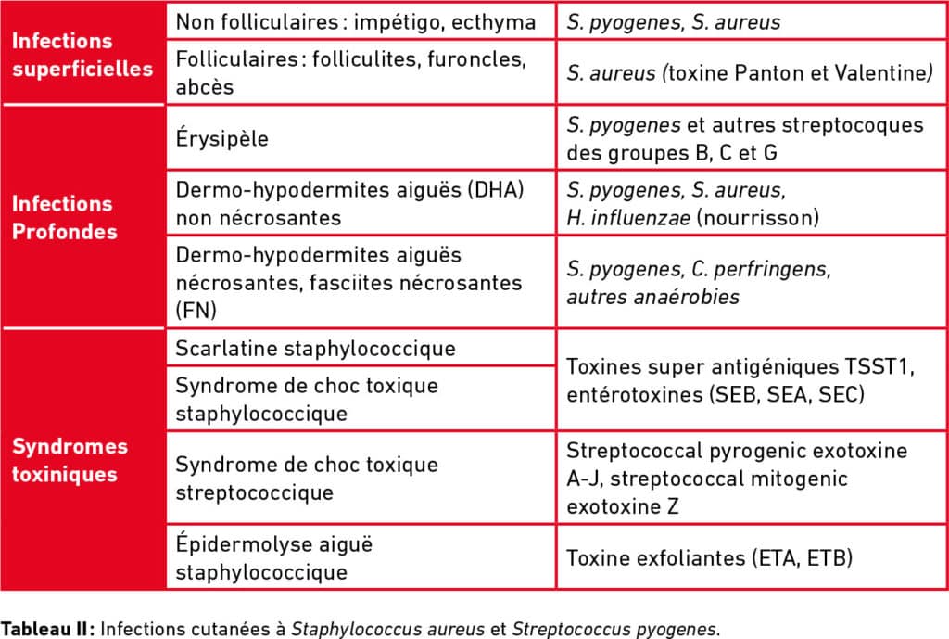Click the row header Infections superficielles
[82, 55]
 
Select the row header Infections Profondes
[62, 217]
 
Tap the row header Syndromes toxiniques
[70, 460]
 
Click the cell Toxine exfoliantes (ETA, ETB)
[710, 558]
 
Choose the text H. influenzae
[619, 218]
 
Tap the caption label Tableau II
[47, 628]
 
